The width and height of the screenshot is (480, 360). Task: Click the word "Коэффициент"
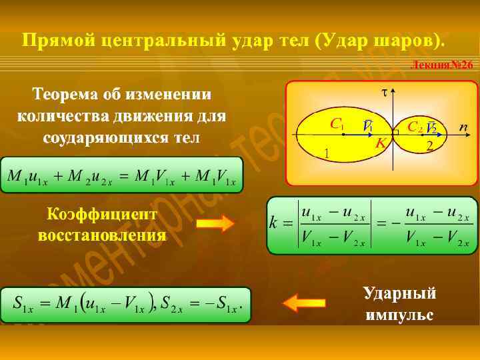[102, 214]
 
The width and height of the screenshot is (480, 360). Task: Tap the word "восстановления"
[102, 235]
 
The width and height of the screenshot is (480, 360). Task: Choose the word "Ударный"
[399, 293]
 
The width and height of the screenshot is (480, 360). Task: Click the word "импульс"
[399, 313]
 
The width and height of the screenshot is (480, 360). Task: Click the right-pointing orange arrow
[215, 223]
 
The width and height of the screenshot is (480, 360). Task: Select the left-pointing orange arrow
[304, 303]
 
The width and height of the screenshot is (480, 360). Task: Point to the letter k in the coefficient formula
[273, 224]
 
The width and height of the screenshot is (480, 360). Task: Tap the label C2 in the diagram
[414, 126]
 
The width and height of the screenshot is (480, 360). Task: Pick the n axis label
[463, 126]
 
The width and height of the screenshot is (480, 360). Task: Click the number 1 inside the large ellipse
[327, 153]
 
